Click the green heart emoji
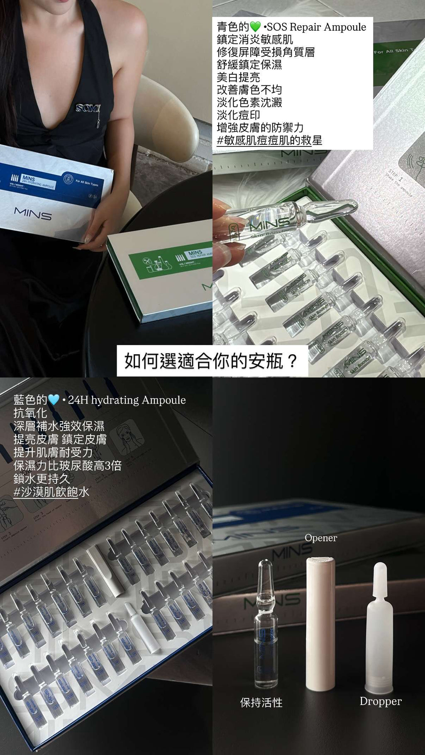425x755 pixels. click(255, 27)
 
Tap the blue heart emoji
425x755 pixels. click(54, 400)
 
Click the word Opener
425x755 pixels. click(320, 538)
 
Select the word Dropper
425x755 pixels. click(380, 701)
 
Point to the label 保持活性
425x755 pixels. click(261, 702)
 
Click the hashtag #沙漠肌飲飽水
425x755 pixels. click(51, 492)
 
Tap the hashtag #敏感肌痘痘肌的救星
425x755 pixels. click(269, 140)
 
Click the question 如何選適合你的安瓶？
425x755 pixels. click(211, 361)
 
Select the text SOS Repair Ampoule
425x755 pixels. click(316, 27)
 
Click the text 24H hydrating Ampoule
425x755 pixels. click(127, 400)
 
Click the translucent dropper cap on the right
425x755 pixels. click(379, 626)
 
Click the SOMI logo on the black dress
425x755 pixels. click(88, 108)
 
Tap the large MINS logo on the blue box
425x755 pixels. click(33, 214)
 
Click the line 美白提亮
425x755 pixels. click(238, 77)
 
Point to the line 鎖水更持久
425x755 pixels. click(41, 479)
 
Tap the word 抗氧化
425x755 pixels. click(30, 413)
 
